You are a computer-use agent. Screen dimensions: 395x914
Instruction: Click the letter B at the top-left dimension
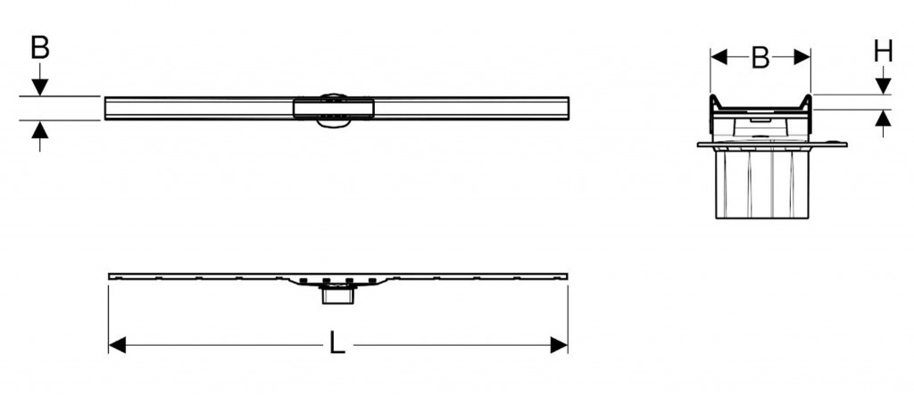click(x=38, y=47)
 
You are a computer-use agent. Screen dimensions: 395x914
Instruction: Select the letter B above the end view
click(x=760, y=58)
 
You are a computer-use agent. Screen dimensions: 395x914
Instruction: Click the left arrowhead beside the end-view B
click(x=718, y=58)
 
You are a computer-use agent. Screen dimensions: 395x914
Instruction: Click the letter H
click(x=883, y=53)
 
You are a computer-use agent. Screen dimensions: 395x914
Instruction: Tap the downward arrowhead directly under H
click(x=883, y=86)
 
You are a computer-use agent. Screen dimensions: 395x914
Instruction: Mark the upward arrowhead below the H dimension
click(x=883, y=118)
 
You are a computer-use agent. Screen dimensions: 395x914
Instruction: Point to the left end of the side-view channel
click(x=110, y=276)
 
